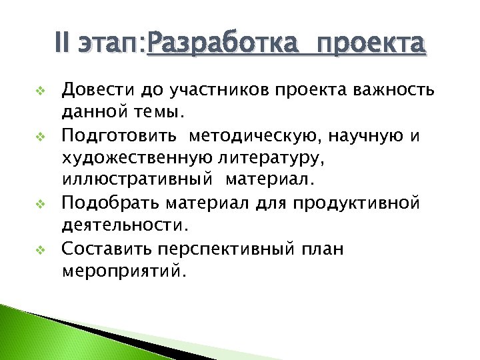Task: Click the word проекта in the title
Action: coord(371,45)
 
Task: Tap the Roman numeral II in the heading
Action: coord(64,45)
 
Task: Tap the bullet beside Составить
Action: coord(39,250)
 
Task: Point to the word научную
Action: coord(372,137)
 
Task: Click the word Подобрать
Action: coord(100,202)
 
